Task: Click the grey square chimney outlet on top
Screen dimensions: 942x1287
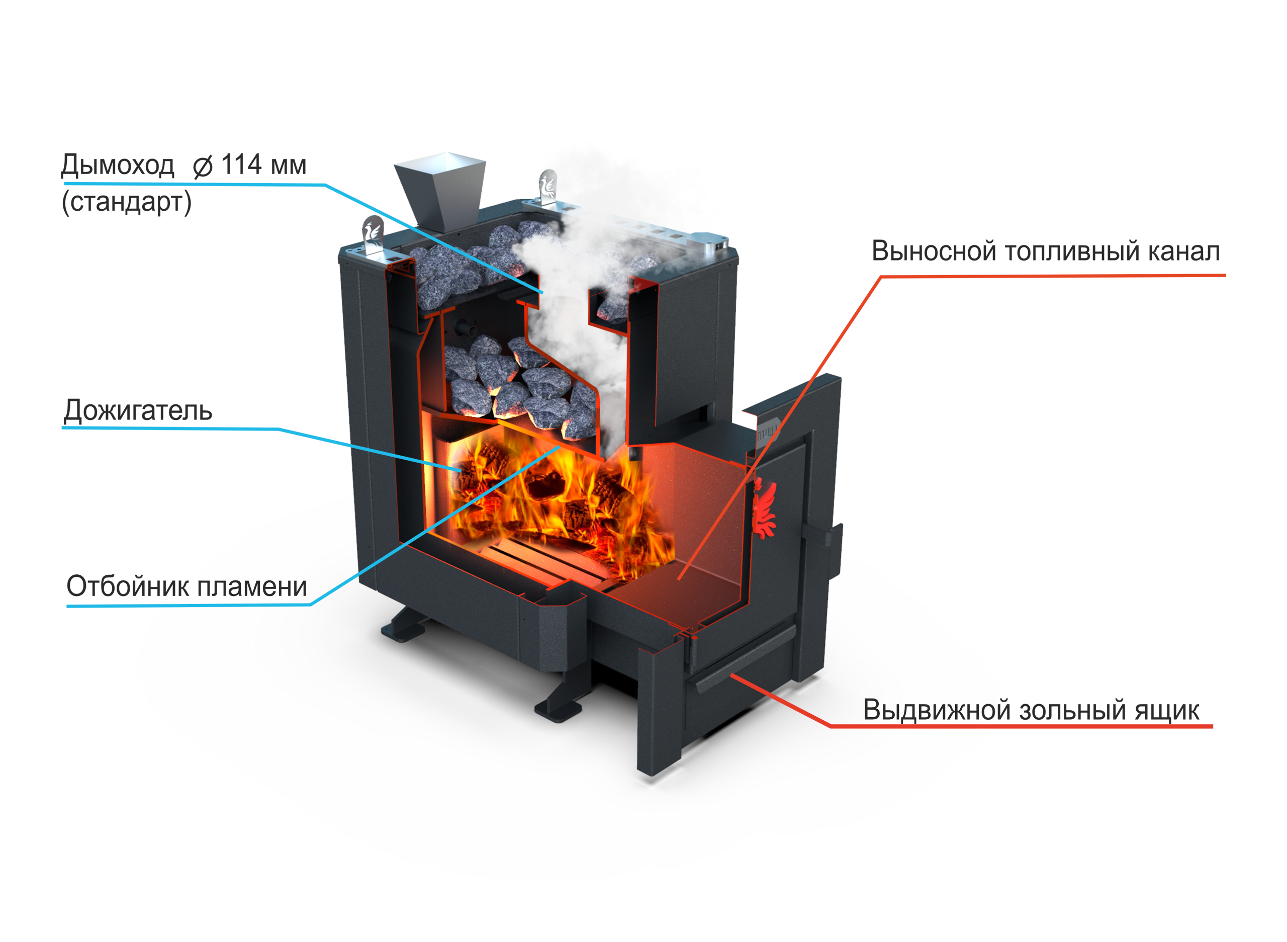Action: point(440,194)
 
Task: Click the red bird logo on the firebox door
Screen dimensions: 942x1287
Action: point(764,509)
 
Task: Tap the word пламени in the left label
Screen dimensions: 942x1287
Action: point(252,587)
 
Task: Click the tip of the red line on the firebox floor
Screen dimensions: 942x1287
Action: point(679,579)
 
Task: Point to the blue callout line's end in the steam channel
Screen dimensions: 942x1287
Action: point(542,293)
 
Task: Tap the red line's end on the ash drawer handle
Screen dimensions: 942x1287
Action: point(731,674)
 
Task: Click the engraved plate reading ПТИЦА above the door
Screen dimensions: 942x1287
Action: point(767,435)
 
